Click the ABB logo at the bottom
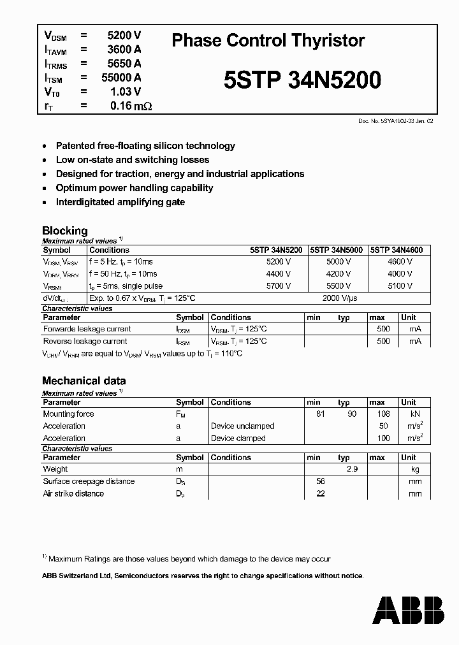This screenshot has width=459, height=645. coord(409,610)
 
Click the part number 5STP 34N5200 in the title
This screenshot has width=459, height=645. coord(303,80)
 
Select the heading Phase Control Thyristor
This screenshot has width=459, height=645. coord(268,41)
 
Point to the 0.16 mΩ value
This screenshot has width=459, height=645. coord(131,106)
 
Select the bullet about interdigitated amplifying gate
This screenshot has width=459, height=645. coord(120,202)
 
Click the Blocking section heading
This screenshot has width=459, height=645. coord(64,231)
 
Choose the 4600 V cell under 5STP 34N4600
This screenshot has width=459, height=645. coord(400,262)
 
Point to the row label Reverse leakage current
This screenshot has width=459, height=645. coord(85,342)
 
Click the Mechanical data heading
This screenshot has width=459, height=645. coord(84,381)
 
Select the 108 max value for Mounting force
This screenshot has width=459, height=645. coord(380,414)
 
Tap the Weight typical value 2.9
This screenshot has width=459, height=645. coord(351,469)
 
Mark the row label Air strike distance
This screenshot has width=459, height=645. coord(73,493)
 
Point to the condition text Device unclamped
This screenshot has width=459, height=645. coord(242,426)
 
